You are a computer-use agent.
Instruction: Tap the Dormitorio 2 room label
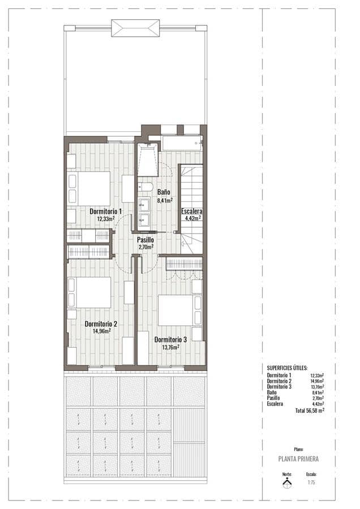[101, 324]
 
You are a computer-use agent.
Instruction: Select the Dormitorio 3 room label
[170, 340]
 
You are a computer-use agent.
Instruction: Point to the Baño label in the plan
[164, 192]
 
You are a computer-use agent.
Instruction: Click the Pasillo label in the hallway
[145, 240]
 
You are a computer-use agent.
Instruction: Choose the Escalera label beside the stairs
[191, 212]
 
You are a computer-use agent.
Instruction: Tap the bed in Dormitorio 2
[89, 292]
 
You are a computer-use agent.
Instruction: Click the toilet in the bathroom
[145, 186]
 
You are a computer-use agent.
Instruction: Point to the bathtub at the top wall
[181, 143]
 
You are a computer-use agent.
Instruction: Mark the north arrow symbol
[287, 482]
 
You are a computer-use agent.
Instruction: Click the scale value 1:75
[311, 483]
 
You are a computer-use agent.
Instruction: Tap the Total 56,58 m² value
[309, 411]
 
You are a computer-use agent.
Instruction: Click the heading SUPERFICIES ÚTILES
[287, 368]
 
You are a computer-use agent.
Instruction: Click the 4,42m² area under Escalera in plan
[193, 218]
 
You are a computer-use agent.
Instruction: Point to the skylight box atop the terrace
[135, 28]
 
